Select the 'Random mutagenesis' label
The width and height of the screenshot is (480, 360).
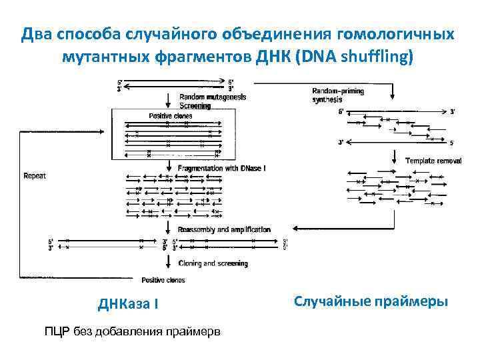click(213, 97)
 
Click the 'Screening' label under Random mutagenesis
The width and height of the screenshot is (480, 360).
click(195, 105)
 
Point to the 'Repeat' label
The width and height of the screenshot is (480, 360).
click(35, 177)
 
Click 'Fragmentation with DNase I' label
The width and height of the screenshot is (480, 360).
click(221, 169)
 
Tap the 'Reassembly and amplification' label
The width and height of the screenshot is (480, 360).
click(224, 229)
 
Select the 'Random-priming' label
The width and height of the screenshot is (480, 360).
click(339, 91)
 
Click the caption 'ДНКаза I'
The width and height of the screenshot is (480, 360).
click(128, 304)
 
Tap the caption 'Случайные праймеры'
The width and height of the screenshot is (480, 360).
click(371, 301)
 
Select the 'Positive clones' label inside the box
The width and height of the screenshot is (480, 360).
click(170, 116)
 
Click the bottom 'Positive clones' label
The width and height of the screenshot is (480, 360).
click(163, 280)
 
